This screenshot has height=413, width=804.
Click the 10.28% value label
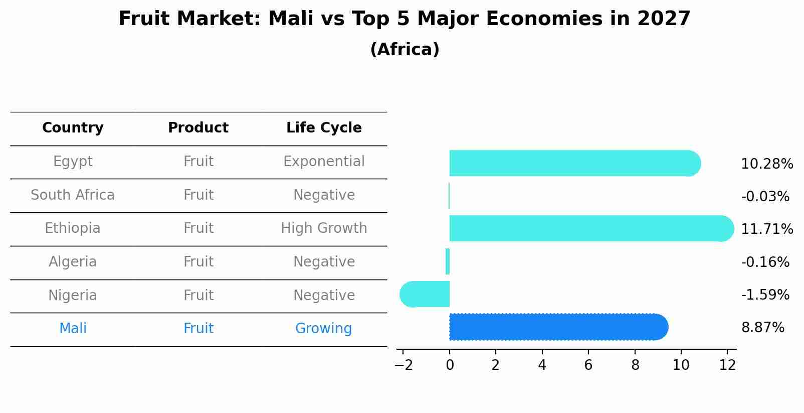(x=766, y=164)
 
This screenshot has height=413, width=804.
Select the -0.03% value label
(x=765, y=197)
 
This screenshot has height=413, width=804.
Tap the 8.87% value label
(x=762, y=328)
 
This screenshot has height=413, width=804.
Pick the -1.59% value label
(x=765, y=295)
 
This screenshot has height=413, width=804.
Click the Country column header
(x=73, y=128)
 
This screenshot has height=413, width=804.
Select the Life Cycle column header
(x=324, y=128)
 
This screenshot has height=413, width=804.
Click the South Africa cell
(x=73, y=195)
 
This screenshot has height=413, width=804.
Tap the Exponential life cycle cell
(x=324, y=162)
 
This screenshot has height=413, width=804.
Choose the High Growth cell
(x=324, y=228)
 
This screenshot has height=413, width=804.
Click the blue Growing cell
(x=323, y=329)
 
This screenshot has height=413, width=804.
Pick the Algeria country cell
(x=73, y=262)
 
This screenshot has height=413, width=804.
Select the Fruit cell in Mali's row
(x=198, y=329)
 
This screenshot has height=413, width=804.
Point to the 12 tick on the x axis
(x=727, y=365)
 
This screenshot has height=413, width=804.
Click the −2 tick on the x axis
(x=404, y=365)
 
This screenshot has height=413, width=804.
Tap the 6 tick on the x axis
(x=588, y=365)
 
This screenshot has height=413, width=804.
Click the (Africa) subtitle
(x=405, y=50)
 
